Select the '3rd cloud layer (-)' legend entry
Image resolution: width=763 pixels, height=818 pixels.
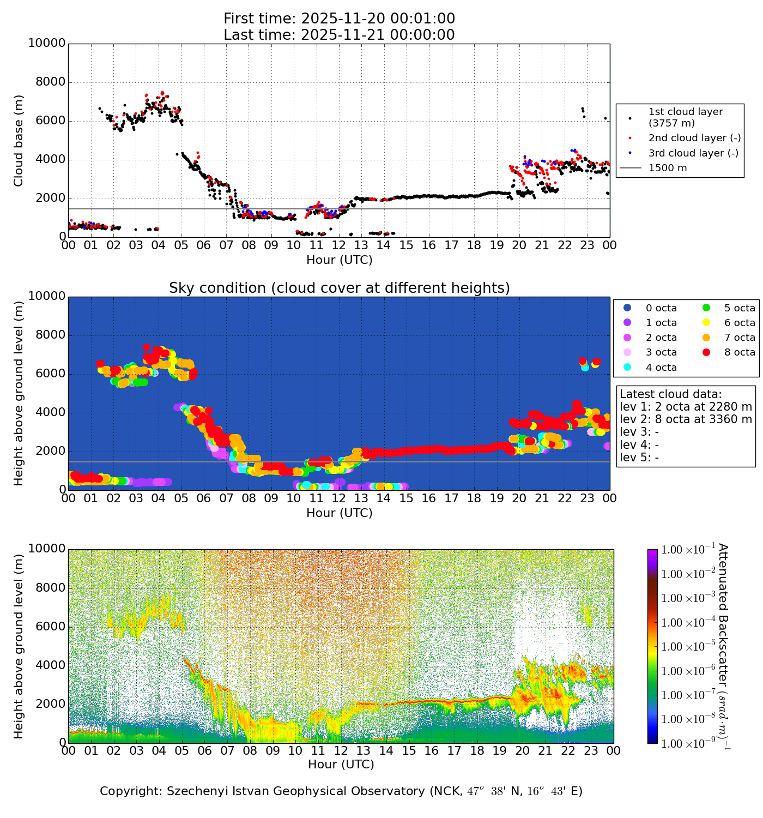click(x=693, y=153)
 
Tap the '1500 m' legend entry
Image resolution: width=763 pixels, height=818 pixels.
click(x=667, y=168)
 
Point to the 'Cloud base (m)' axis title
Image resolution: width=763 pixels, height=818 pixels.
click(x=19, y=140)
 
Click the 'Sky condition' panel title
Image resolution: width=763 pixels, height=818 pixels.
click(x=339, y=288)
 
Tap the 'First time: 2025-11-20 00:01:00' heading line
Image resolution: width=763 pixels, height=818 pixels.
click(x=339, y=19)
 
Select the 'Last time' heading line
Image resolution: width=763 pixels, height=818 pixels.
click(x=339, y=35)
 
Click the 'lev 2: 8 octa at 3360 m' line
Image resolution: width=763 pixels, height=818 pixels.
click(x=686, y=419)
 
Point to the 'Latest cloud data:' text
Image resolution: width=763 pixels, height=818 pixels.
click(x=670, y=394)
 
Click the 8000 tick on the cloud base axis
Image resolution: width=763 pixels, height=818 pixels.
click(x=51, y=82)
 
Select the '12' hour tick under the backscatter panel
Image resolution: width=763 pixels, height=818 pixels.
click(x=341, y=751)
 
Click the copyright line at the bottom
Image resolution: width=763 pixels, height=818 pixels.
click(x=341, y=791)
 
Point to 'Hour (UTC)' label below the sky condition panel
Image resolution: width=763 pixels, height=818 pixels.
click(x=339, y=513)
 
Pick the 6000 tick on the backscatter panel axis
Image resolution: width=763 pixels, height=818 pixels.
click(x=51, y=627)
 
